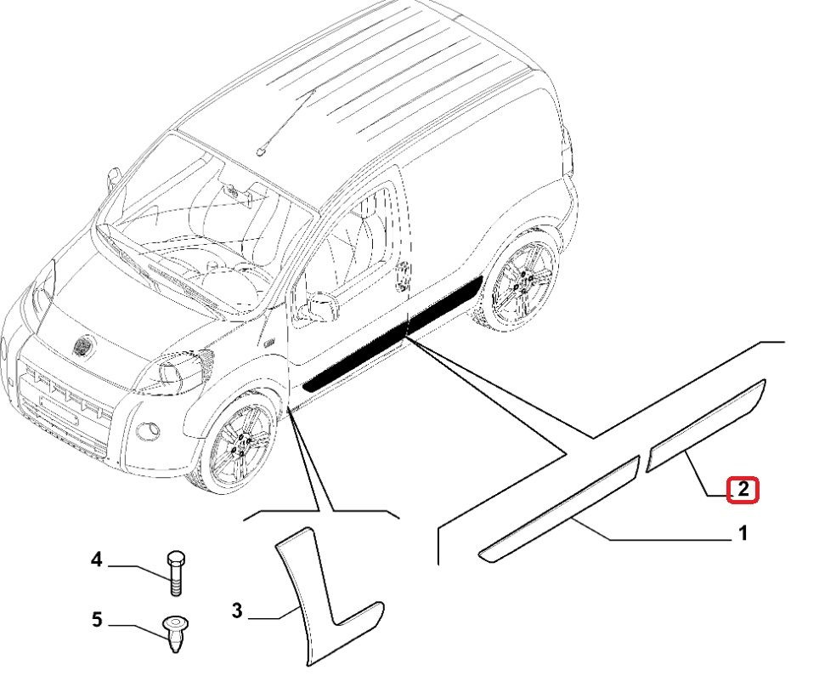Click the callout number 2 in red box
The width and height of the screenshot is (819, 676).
[x=743, y=490]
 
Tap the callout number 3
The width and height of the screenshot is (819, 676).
[x=237, y=611]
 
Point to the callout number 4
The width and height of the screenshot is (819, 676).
[x=97, y=560]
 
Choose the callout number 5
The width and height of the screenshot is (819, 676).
[x=97, y=620]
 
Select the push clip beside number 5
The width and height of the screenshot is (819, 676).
[x=175, y=633]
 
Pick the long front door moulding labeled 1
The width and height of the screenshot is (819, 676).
[x=561, y=508]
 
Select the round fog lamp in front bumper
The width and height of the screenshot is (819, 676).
[x=146, y=429]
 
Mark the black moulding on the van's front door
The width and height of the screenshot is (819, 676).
[x=357, y=359]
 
